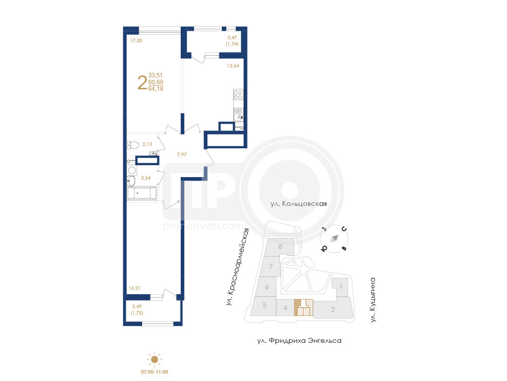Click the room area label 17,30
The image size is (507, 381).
[x=136, y=41]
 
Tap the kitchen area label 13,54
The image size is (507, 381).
[x=233, y=66]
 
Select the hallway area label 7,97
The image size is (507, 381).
[x=182, y=155]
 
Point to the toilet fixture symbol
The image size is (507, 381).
[x=133, y=144]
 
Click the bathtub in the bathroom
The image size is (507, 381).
[x=142, y=193]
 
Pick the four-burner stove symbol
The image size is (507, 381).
[x=238, y=95]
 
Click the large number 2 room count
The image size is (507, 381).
[x=142, y=82]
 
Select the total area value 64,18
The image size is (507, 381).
[x=155, y=89]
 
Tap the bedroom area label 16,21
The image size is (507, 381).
[x=135, y=288]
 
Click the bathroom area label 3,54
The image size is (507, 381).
[x=146, y=178]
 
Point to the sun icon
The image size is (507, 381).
[x=154, y=359]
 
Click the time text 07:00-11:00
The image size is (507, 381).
[x=154, y=372]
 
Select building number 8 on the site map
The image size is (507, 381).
[x=280, y=247]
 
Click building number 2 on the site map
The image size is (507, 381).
[x=333, y=310]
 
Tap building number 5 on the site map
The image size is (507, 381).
[x=264, y=305]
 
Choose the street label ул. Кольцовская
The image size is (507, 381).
[x=299, y=204]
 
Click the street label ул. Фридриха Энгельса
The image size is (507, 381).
[x=300, y=341]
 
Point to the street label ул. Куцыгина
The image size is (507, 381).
[x=373, y=299]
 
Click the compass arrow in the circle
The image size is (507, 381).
[x=334, y=239]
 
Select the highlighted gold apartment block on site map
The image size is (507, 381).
[x=304, y=308]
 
